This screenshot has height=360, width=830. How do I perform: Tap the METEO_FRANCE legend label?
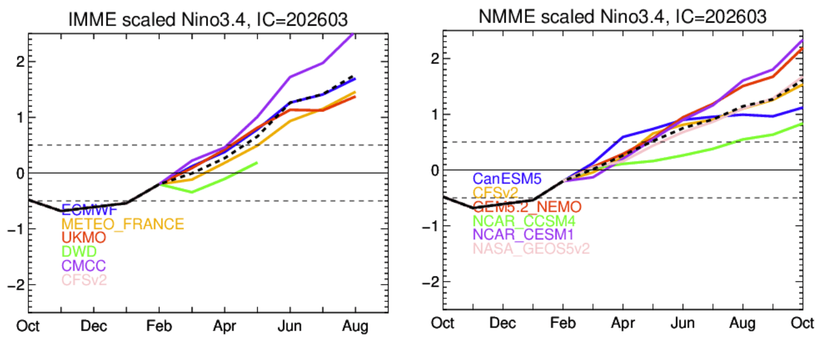[122, 224]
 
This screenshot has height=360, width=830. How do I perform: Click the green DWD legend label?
[79, 252]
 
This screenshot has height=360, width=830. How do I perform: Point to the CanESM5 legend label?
[506, 179]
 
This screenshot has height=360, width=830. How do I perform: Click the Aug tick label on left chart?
[355, 326]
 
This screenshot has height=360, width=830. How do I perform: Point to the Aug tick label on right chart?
[743, 324]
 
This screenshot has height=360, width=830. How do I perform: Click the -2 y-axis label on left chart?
[15, 285]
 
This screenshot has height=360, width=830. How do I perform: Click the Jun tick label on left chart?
[290, 326]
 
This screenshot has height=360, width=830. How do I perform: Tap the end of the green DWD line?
[257, 162]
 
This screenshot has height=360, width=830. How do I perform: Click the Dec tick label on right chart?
[503, 324]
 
